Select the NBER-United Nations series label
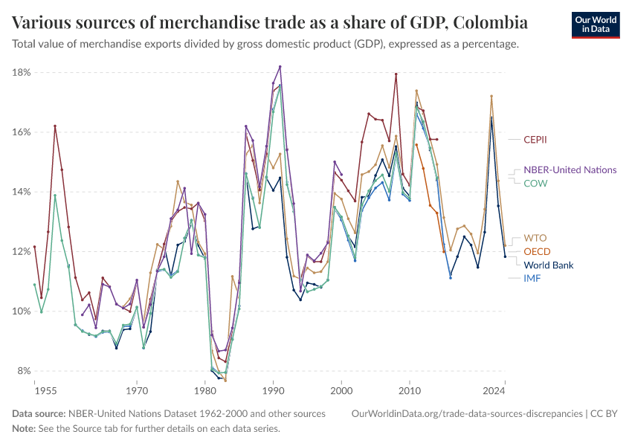[570, 169]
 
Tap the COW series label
[536, 183]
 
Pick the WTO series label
[535, 238]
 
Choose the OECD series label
[538, 251]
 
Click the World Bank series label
[549, 265]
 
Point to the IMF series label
[532, 278]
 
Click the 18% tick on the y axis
[20, 72]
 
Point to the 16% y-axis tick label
[20, 132]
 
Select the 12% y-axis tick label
[20, 251]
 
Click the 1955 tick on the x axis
[45, 390]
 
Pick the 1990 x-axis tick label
[273, 390]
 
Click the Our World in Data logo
[596, 25]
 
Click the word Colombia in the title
[483, 22]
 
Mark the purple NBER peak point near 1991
[280, 66]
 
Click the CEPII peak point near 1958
[55, 126]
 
